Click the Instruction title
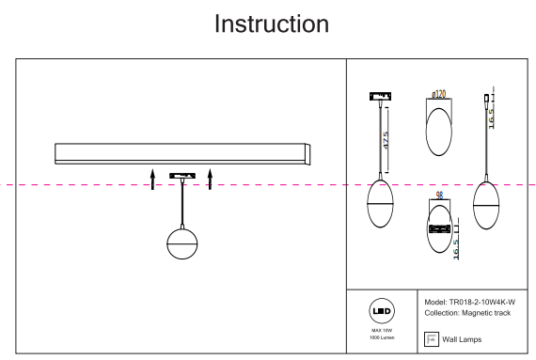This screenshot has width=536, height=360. pyautogui.click(x=272, y=23)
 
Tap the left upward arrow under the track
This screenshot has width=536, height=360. pyautogui.click(x=152, y=179)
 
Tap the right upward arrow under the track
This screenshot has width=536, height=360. pyautogui.click(x=210, y=179)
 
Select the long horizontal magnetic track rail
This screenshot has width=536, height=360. pyautogui.click(x=182, y=154)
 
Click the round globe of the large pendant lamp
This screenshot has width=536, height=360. pyautogui.click(x=182, y=243)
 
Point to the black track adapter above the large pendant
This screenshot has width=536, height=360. pyautogui.click(x=182, y=176)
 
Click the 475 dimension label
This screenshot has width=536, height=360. pyautogui.click(x=386, y=140)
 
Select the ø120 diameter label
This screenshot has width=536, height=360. pyautogui.click(x=438, y=94)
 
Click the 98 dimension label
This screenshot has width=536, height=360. pyautogui.click(x=439, y=195)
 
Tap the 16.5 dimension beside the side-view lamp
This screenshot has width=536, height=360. pyautogui.click(x=491, y=118)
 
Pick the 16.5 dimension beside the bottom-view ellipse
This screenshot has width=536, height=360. pyautogui.click(x=455, y=250)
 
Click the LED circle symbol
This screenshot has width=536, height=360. pyautogui.click(x=382, y=311)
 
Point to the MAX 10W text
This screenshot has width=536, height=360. pyautogui.click(x=382, y=330)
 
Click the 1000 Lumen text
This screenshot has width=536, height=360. pyautogui.click(x=382, y=337)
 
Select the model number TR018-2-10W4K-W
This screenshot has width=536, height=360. pyautogui.click(x=482, y=302)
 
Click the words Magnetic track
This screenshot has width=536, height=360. pyautogui.click(x=486, y=313)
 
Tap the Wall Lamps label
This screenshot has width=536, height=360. pyautogui.click(x=462, y=339)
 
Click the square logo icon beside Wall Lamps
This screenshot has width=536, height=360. pyautogui.click(x=431, y=339)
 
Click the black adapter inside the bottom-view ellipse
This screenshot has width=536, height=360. pyautogui.click(x=439, y=228)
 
